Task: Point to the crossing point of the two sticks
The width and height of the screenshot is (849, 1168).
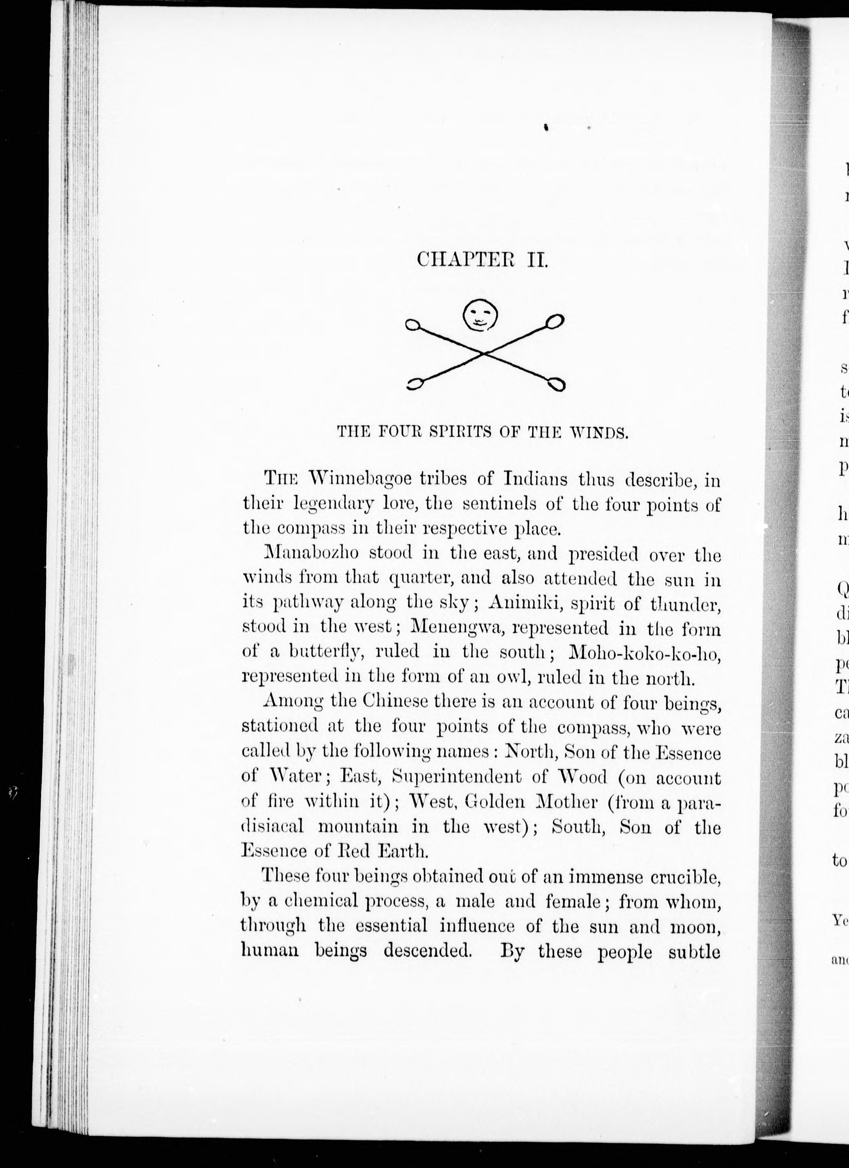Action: [484, 353]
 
